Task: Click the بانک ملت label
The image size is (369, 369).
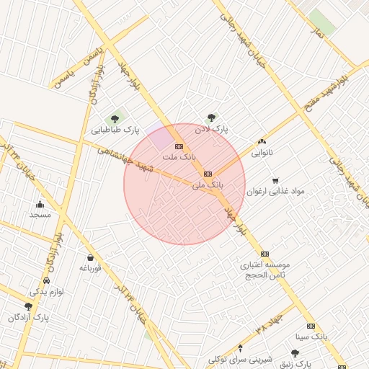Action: tap(178, 156)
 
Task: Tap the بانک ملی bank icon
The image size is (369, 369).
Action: tap(208, 173)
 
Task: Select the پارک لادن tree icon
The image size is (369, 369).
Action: tap(211, 117)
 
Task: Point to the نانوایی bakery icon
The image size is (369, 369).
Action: tap(262, 142)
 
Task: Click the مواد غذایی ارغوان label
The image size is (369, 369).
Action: tap(276, 191)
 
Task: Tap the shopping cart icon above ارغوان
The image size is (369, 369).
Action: tap(275, 180)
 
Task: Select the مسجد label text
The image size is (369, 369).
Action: tap(40, 215)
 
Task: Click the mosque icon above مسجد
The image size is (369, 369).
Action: tap(40, 204)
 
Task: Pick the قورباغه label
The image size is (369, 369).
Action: tap(89, 268)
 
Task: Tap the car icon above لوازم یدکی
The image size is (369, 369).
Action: tap(47, 280)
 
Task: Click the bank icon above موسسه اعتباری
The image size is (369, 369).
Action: tap(264, 254)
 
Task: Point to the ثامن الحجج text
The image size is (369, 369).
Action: tap(264, 275)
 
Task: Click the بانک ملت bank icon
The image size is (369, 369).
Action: tap(179, 146)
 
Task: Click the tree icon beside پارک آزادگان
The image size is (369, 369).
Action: tap(29, 306)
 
